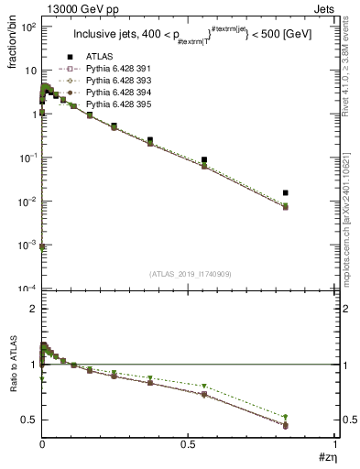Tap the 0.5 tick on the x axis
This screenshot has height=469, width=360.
189,446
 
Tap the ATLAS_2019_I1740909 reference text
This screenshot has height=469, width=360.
189,274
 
